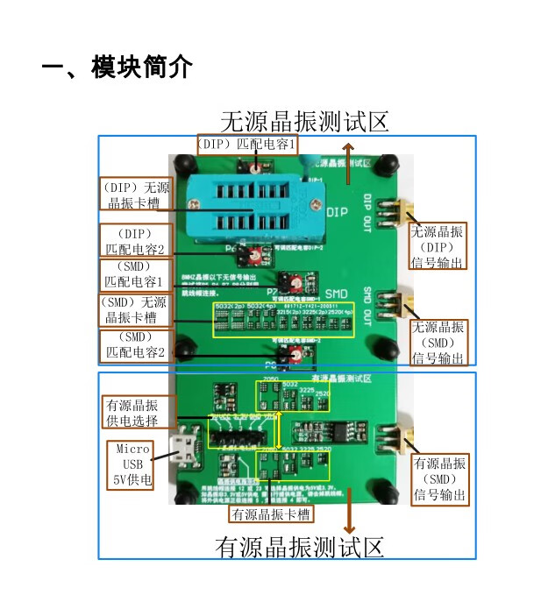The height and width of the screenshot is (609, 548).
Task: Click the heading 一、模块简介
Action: click(117, 67)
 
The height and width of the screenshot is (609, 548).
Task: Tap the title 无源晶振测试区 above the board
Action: click(303, 121)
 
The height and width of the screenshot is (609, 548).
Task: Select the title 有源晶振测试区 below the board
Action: click(300, 548)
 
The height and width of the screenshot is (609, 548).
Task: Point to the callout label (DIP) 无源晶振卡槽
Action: click(135, 195)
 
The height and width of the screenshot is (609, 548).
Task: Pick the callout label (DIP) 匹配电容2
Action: click(134, 242)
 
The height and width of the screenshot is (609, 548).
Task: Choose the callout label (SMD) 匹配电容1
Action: click(134, 274)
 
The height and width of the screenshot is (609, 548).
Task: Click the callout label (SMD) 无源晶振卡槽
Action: click(134, 309)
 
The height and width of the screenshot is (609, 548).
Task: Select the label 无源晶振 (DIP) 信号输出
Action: click(438, 246)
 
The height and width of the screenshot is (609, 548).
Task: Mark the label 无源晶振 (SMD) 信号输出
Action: click(438, 342)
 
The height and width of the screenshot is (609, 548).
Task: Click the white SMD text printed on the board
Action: click(338, 294)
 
